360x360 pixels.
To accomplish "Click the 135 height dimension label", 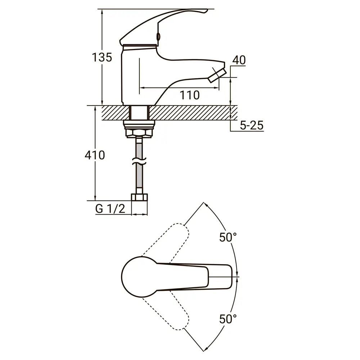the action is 102,57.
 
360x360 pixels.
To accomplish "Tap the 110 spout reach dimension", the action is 189,95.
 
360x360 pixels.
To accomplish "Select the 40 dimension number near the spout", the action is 239,60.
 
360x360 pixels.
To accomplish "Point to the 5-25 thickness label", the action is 252,125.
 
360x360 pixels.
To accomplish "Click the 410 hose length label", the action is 95,155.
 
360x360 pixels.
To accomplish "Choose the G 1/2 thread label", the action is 110,209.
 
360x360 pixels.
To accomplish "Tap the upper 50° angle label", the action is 228,237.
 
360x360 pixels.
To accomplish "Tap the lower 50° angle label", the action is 228,319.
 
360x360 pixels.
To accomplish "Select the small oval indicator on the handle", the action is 158,36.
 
